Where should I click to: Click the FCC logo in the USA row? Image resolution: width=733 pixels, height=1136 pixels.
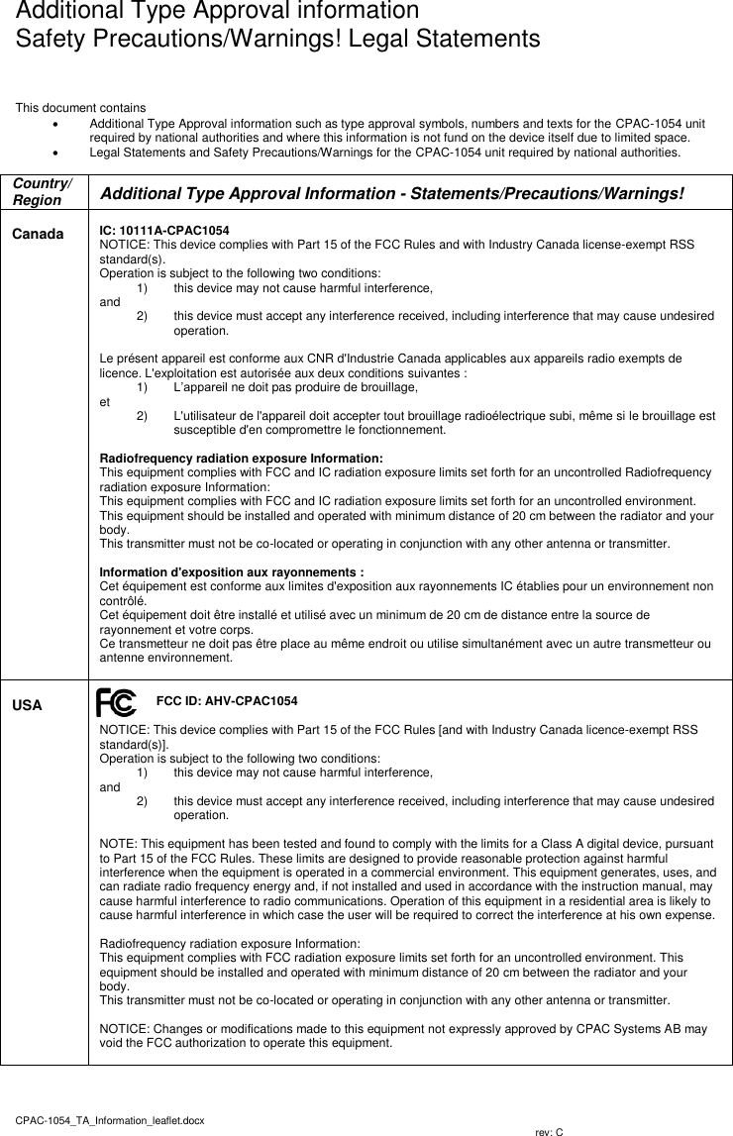(x=117, y=703)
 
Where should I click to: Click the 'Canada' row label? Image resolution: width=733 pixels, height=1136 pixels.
(x=37, y=235)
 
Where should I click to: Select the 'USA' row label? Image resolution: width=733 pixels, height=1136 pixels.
(x=27, y=705)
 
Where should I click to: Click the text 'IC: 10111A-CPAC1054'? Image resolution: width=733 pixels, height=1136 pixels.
(x=164, y=230)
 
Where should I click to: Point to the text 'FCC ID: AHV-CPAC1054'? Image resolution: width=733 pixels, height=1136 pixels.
(x=227, y=701)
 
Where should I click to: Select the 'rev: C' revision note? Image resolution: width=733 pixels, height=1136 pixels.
(x=549, y=1131)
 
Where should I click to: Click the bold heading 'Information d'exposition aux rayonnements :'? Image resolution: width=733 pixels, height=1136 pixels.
(x=232, y=571)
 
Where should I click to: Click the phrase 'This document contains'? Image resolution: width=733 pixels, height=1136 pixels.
(x=80, y=107)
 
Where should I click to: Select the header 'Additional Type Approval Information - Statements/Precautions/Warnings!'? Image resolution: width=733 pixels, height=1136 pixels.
(x=392, y=192)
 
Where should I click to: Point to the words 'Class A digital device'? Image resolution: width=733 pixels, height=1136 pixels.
(x=573, y=843)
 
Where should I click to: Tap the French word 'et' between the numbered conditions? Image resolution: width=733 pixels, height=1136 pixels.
(x=106, y=402)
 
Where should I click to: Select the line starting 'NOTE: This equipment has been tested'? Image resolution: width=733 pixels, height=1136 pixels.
(x=406, y=843)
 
